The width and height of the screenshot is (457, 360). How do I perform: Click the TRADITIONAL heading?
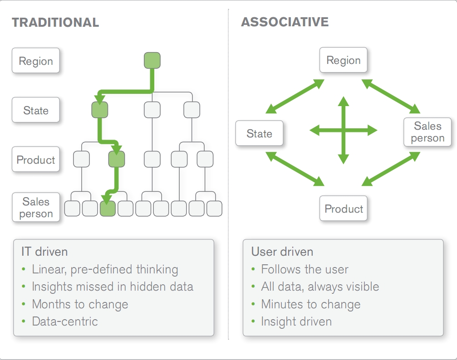click(x=55, y=22)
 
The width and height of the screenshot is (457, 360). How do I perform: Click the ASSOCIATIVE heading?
click(x=285, y=22)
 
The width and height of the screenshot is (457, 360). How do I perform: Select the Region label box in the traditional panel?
click(x=35, y=61)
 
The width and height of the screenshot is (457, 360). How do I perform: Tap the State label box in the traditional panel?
click(x=35, y=110)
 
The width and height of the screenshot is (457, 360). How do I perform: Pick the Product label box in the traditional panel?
click(x=35, y=159)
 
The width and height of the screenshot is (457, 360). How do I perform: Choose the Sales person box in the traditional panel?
click(x=36, y=207)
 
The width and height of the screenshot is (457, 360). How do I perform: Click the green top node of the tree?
click(x=152, y=60)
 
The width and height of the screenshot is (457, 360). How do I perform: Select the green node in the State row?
click(x=100, y=110)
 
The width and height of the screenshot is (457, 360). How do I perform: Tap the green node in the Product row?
click(x=117, y=159)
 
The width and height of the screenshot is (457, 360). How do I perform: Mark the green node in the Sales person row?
click(x=108, y=209)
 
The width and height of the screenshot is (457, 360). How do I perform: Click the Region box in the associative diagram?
click(x=344, y=60)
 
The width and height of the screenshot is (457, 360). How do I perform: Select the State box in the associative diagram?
click(x=259, y=133)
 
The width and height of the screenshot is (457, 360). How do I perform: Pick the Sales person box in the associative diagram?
click(x=428, y=132)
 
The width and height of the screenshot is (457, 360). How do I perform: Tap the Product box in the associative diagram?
click(x=344, y=208)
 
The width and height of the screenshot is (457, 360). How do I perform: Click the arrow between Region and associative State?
click(x=295, y=97)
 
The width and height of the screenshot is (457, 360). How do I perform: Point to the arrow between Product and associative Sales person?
click(x=391, y=169)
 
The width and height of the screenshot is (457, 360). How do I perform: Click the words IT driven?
click(x=44, y=252)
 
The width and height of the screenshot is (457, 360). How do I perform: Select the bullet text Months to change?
click(x=80, y=304)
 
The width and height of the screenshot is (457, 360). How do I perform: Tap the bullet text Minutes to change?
click(x=311, y=304)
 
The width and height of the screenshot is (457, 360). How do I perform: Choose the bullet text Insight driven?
click(x=296, y=321)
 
